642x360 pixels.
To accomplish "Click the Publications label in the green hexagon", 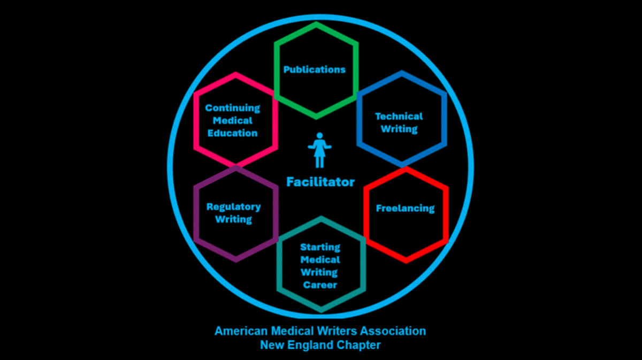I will pyautogui.click(x=315, y=70).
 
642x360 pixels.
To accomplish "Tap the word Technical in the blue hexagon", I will pyautogui.click(x=399, y=116).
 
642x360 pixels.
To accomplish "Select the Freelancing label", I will pyautogui.click(x=405, y=208).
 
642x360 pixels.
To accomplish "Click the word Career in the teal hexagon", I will pyautogui.click(x=320, y=285).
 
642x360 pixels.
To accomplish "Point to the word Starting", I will pyautogui.click(x=320, y=247).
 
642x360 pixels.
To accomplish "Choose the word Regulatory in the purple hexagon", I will pyautogui.click(x=234, y=206).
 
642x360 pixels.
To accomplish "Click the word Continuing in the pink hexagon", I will pyautogui.click(x=233, y=108).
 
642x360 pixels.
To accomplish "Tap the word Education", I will pyautogui.click(x=233, y=133).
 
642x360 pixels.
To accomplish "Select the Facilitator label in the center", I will pyautogui.click(x=320, y=182).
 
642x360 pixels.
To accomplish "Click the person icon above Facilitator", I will pyautogui.click(x=320, y=150).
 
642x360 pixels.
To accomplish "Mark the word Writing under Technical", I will pyautogui.click(x=399, y=129).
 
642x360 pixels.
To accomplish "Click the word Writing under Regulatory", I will pyautogui.click(x=234, y=219).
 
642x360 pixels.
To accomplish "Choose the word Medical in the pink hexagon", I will pyautogui.click(x=233, y=120).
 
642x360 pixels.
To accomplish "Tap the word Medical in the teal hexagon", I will pyautogui.click(x=320, y=260).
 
